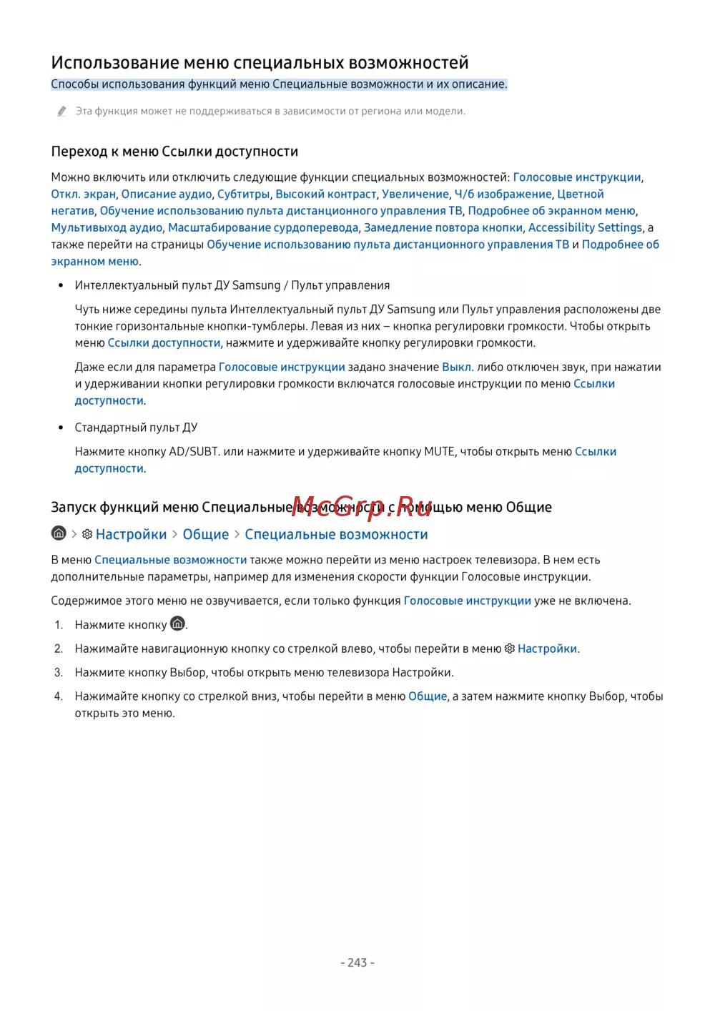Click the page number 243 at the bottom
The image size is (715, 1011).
coord(357,962)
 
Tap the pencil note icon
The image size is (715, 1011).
coord(62,111)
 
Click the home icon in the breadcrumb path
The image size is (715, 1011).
coord(59,533)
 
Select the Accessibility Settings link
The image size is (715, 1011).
coord(585,227)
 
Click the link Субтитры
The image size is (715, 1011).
coord(244,194)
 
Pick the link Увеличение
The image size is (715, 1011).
coord(415,194)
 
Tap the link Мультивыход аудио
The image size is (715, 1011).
coord(107,227)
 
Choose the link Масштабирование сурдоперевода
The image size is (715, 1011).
coord(263,227)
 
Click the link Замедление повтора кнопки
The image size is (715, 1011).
coord(443,227)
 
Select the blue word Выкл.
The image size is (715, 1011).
coord(457,367)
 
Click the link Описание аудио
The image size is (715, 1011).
coord(167,194)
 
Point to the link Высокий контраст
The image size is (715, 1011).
coord(326,194)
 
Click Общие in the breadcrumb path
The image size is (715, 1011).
coord(206,535)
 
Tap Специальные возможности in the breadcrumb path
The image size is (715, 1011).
coord(336,535)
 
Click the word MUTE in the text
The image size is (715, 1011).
coord(439,451)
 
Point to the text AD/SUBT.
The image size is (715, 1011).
coord(194,451)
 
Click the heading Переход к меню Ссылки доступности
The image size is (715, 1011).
coord(174,152)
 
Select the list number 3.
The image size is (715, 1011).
coord(59,672)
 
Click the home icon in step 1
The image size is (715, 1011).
coord(178,623)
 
